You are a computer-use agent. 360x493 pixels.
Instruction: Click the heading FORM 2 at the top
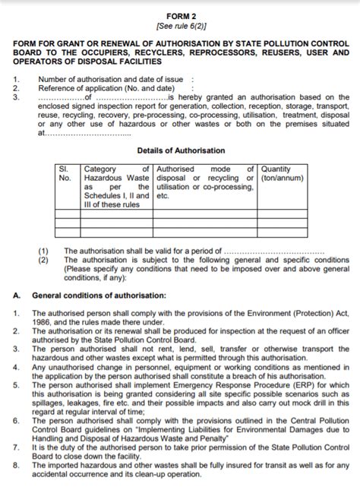tap(180, 15)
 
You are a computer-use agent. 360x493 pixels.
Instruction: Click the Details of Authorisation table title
tap(180, 151)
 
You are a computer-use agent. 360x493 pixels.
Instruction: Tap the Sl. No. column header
tap(65, 173)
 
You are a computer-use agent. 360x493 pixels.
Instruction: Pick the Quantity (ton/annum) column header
tap(280, 173)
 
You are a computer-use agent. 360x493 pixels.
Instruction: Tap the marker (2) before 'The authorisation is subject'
tap(43, 259)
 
